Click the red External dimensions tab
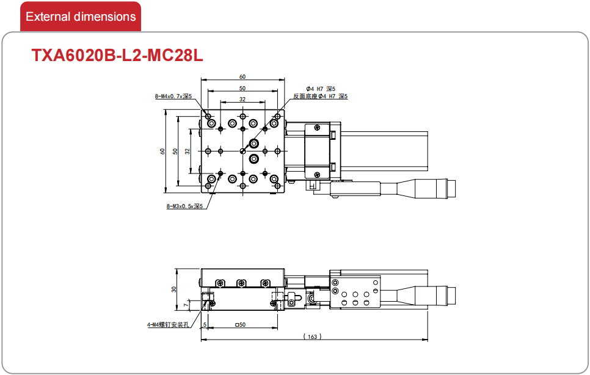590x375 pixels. (81, 16)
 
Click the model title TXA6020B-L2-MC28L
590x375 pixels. (117, 56)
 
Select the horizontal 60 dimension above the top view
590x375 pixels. (242, 77)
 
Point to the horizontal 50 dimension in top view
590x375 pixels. (242, 89)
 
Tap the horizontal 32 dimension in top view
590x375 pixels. (242, 100)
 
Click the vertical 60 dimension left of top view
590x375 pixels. (162, 151)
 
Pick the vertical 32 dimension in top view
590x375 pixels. (187, 151)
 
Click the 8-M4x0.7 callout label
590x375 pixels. (173, 96)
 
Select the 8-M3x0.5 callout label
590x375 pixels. (184, 206)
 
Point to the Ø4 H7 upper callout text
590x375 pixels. (320, 89)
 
